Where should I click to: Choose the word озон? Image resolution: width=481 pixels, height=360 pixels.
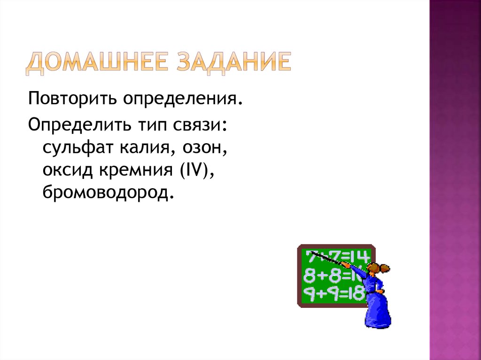(x=202, y=149)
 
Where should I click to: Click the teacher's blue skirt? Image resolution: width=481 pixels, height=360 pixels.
(x=378, y=310)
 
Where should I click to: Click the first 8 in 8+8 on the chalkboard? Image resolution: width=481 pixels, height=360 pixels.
(x=309, y=275)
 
